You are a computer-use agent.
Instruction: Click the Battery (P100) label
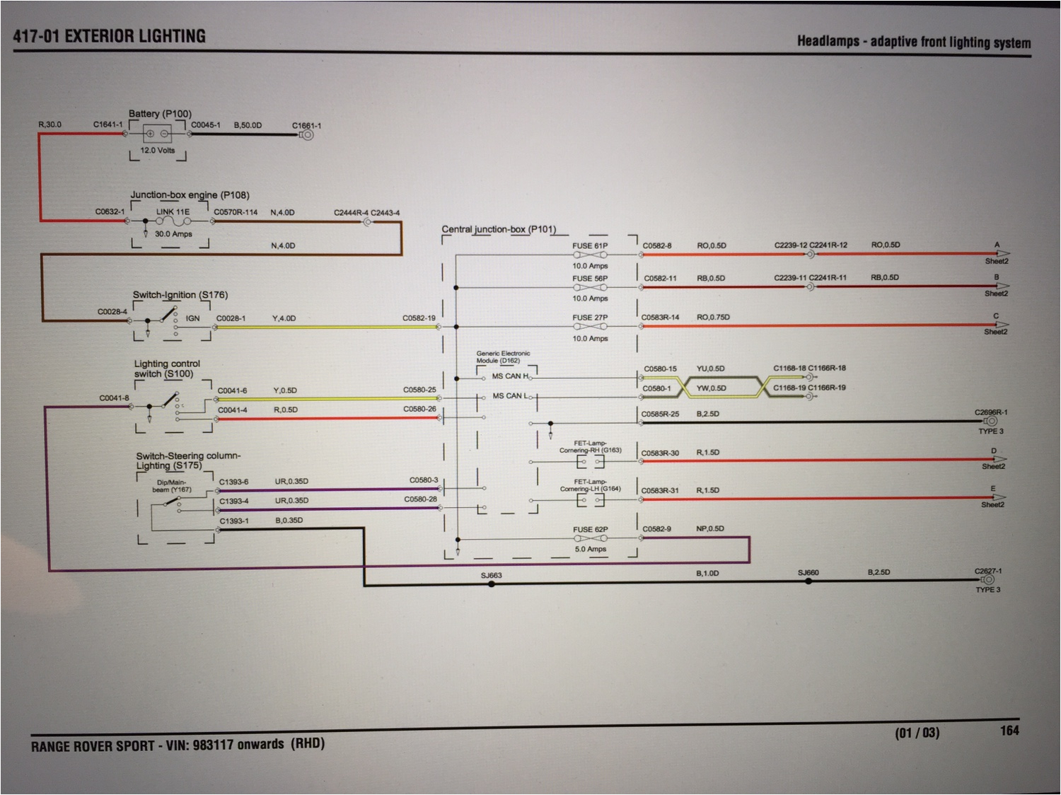(160, 114)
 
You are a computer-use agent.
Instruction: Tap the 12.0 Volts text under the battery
(157, 151)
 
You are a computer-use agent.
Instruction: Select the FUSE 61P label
(590, 246)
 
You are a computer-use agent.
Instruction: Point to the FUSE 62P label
(590, 530)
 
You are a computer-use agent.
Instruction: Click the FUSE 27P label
(590, 318)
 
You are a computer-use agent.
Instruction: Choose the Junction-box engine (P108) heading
(190, 195)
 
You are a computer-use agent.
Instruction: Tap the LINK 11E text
(173, 212)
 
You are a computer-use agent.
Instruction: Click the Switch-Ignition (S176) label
(180, 295)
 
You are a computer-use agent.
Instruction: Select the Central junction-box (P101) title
(499, 229)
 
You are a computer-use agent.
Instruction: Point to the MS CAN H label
(510, 376)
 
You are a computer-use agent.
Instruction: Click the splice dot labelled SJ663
(492, 584)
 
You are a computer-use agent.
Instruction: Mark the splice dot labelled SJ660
(808, 581)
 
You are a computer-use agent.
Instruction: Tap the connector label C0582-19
(419, 318)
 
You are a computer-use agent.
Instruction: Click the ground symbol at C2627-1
(988, 580)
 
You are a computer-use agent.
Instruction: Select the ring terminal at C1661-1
(307, 134)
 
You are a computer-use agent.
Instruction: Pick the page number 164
(1009, 731)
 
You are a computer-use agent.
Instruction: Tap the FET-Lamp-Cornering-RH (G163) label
(590, 447)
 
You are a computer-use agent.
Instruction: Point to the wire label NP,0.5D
(710, 528)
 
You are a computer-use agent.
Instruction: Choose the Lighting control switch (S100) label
(167, 369)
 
